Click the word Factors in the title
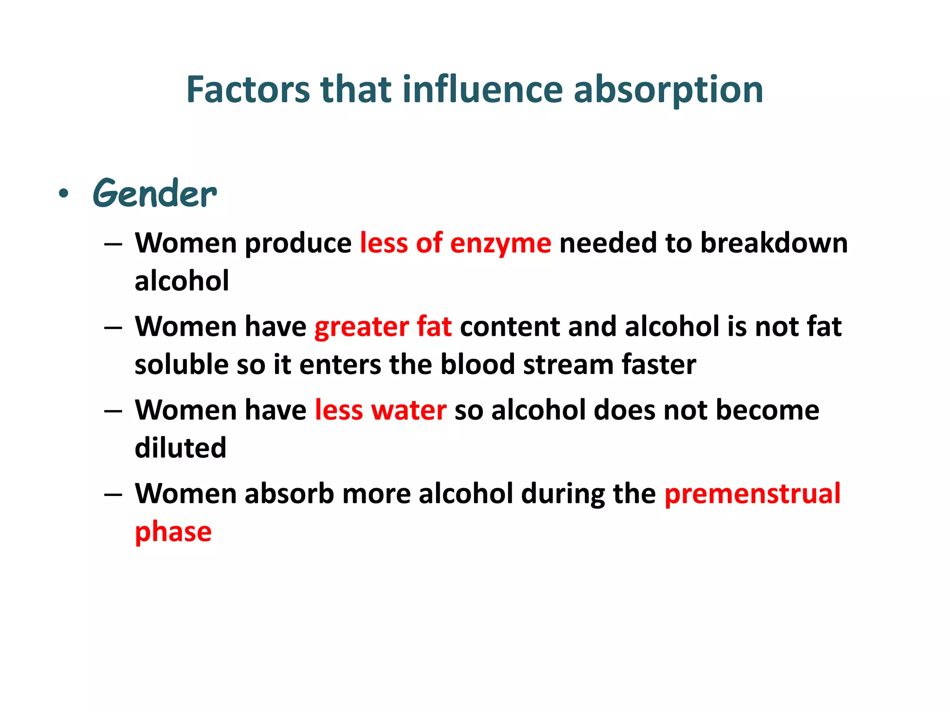tap(248, 89)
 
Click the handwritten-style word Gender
tap(154, 194)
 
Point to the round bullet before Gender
tap(64, 194)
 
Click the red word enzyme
tap(501, 243)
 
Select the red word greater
tap(361, 327)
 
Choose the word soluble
tap(181, 364)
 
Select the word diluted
tap(180, 448)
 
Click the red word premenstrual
tap(752, 494)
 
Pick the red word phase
tap(173, 532)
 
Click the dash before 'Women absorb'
tap(113, 494)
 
